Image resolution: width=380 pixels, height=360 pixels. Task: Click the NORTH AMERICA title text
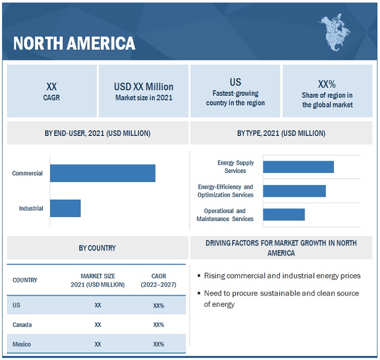pyautogui.click(x=74, y=43)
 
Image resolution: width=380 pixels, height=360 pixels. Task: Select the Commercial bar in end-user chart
pyautogui.click(x=102, y=173)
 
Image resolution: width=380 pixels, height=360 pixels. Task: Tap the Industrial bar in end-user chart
pyautogui.click(x=65, y=208)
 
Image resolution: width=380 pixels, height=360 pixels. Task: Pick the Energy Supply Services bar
pyautogui.click(x=298, y=167)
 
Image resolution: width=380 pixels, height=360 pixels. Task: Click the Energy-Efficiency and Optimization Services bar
pyautogui.click(x=294, y=191)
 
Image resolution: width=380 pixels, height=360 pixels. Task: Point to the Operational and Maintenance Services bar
pyautogui.click(x=284, y=214)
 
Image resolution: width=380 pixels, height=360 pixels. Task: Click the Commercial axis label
pyautogui.click(x=27, y=173)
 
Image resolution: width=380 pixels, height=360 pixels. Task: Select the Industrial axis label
pyautogui.click(x=31, y=208)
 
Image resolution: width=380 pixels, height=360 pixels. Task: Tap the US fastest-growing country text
pyautogui.click(x=235, y=82)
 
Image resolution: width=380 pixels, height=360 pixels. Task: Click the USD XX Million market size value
pyautogui.click(x=143, y=87)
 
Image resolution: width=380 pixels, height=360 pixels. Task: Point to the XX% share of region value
pyautogui.click(x=327, y=84)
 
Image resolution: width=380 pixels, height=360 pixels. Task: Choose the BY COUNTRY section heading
pyautogui.click(x=97, y=248)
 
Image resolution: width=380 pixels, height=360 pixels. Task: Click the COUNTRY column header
pyautogui.click(x=25, y=280)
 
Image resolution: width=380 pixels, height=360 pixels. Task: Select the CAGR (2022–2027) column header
pyautogui.click(x=158, y=280)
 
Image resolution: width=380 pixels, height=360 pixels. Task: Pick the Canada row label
pyautogui.click(x=22, y=325)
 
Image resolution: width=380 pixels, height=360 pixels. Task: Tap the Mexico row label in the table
pyautogui.click(x=22, y=344)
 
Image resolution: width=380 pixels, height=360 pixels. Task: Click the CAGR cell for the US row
pyautogui.click(x=158, y=306)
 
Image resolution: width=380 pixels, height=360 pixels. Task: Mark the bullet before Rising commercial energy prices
pyautogui.click(x=199, y=276)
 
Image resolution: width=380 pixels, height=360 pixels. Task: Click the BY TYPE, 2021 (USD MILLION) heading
pyautogui.click(x=281, y=133)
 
